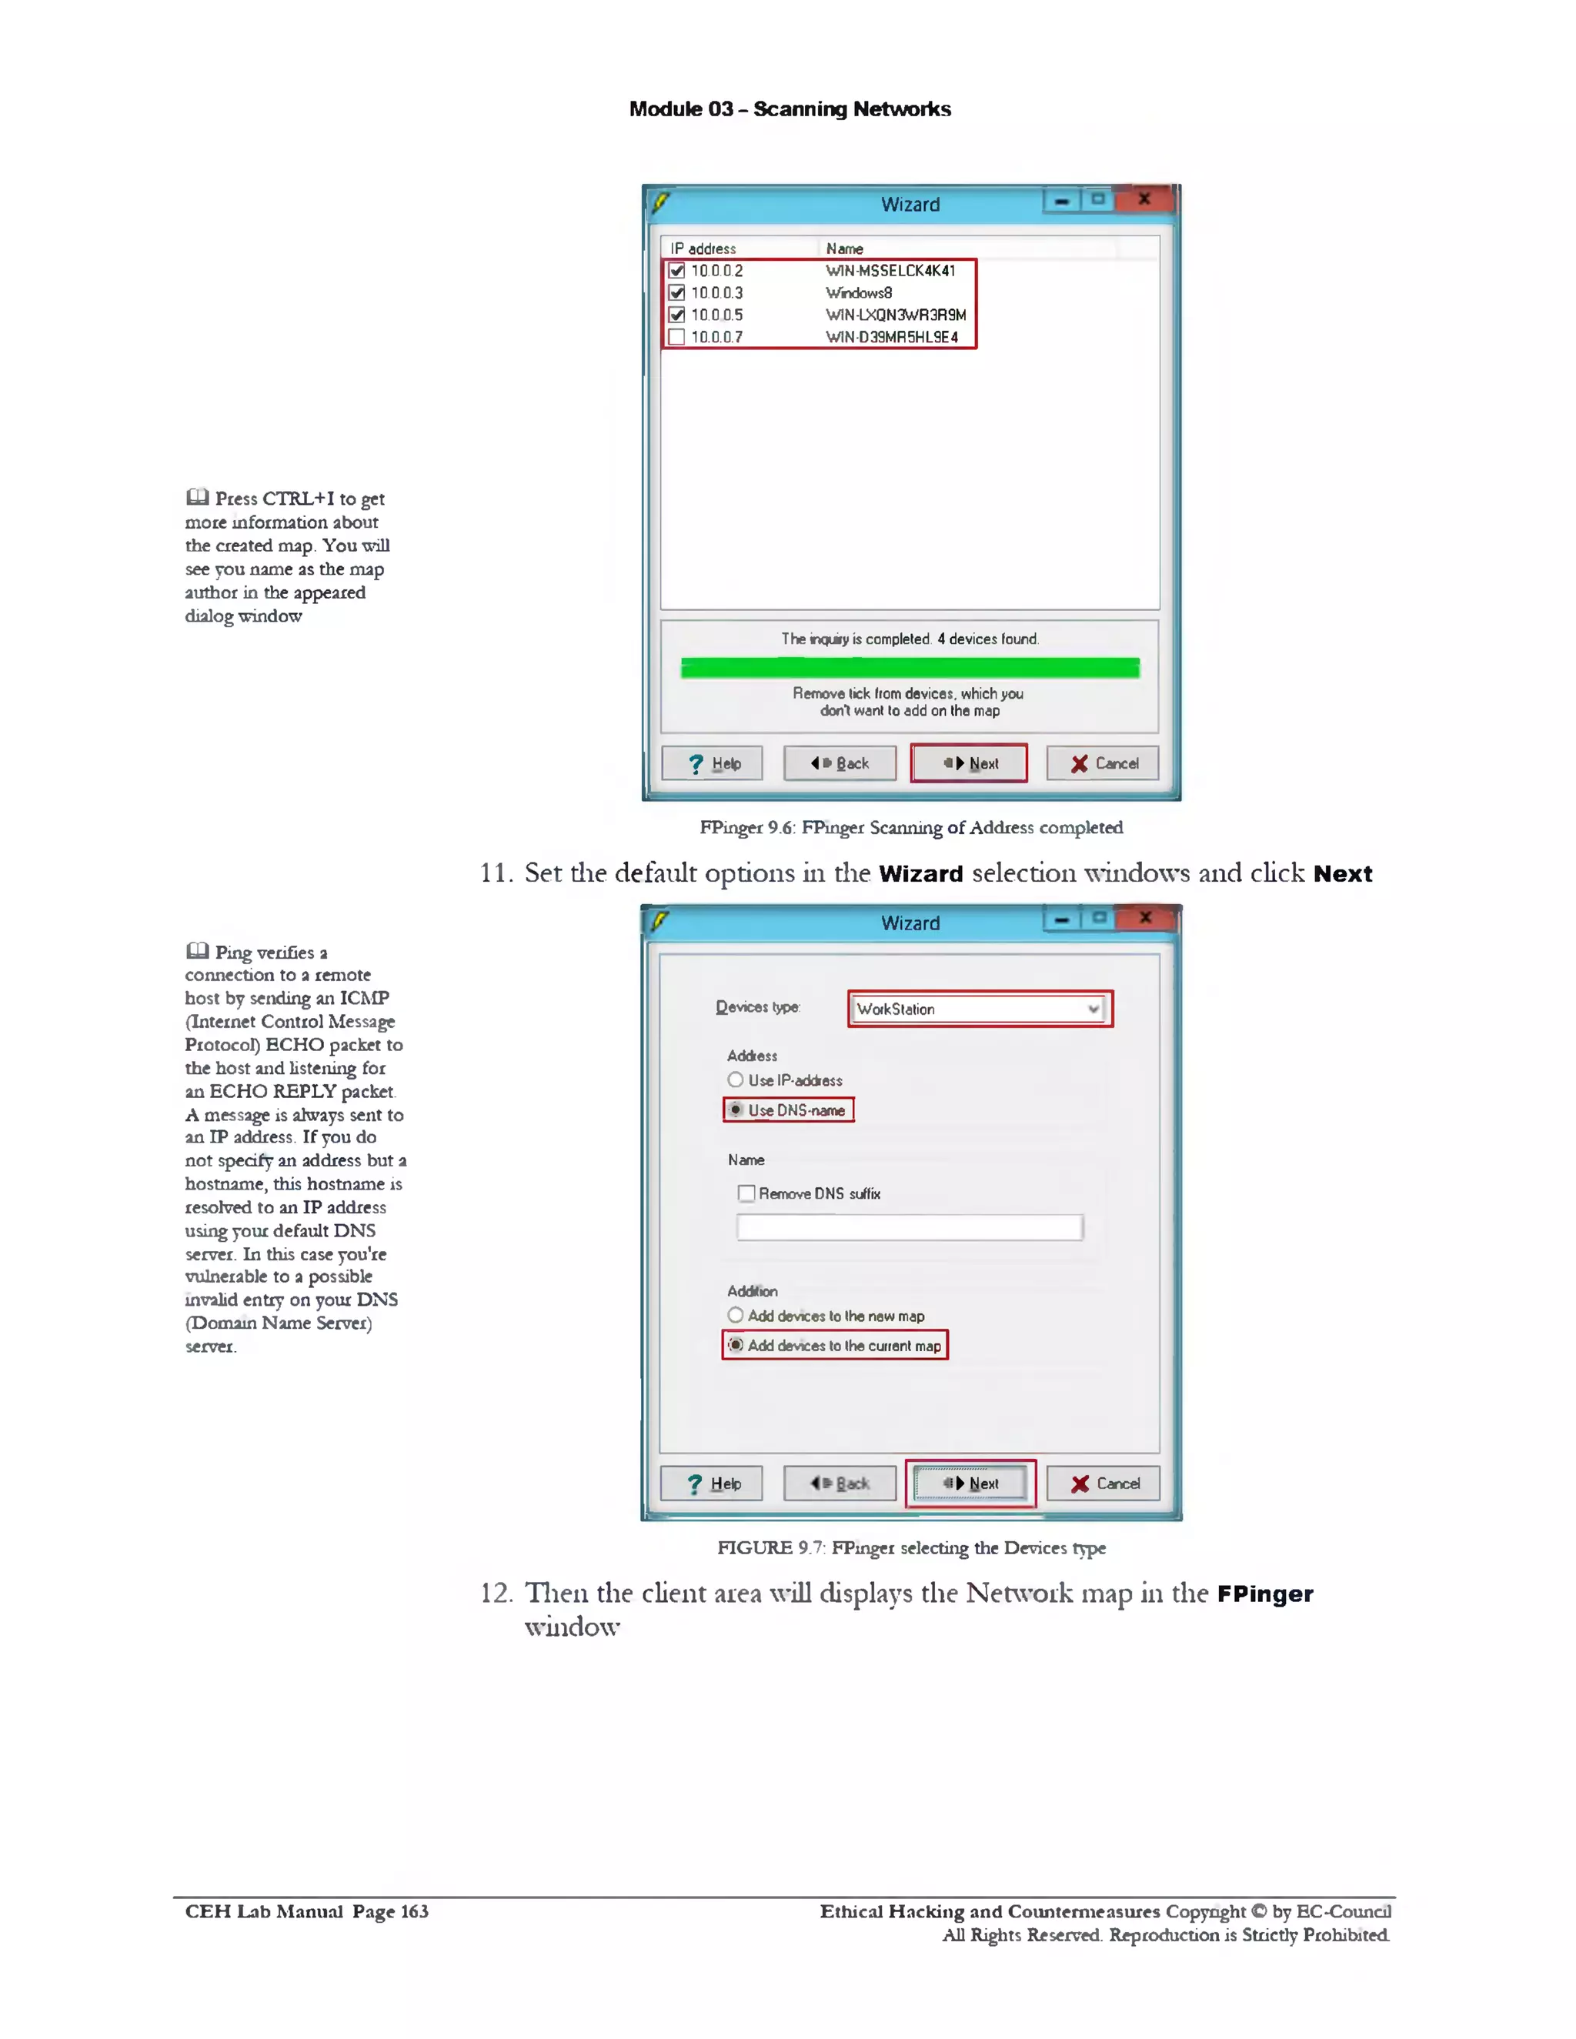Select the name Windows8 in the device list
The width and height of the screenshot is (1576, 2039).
tap(858, 293)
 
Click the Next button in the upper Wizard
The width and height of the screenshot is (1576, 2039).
tap(969, 763)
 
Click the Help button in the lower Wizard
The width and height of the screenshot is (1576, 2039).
tap(712, 1483)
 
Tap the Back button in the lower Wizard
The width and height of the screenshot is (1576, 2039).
tap(840, 1483)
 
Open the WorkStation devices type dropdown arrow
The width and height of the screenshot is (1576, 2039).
tap(1093, 1009)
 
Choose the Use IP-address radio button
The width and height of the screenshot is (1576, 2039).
tap(736, 1080)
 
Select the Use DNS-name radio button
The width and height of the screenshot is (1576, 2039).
tap(736, 1110)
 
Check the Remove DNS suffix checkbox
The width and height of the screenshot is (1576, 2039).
tap(746, 1193)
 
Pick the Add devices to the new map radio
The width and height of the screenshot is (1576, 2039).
tap(736, 1316)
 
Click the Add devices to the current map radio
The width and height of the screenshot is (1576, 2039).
tap(736, 1345)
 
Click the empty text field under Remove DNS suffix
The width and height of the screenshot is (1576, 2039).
tap(910, 1226)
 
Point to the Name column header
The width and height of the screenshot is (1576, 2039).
tap(844, 249)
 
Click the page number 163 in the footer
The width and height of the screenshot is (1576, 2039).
tap(415, 1911)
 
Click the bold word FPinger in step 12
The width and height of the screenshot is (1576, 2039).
tap(1264, 1593)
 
